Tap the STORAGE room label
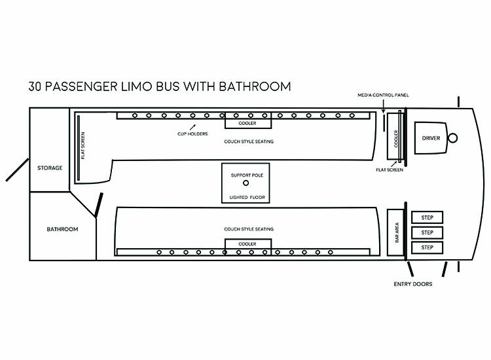coord(50,168)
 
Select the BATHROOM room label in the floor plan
coord(62,229)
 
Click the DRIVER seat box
coord(431,138)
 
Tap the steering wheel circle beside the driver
coord(452,138)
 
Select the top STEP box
coord(427,217)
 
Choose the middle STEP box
coord(427,232)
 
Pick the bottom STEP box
coord(427,247)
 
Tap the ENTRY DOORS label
coord(412,284)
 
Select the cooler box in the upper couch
coord(247,123)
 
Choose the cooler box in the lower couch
coord(247,244)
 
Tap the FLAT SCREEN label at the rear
coord(83,148)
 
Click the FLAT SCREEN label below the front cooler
coord(390,170)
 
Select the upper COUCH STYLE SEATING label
coord(248,141)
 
